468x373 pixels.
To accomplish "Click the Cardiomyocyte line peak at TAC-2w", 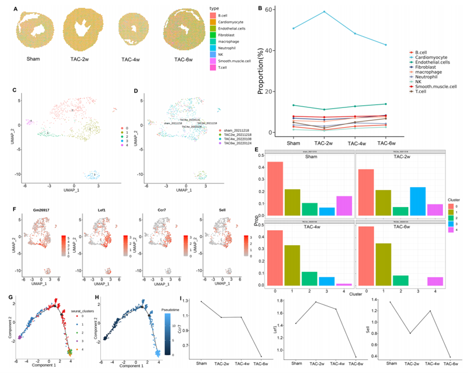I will coord(324,12).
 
